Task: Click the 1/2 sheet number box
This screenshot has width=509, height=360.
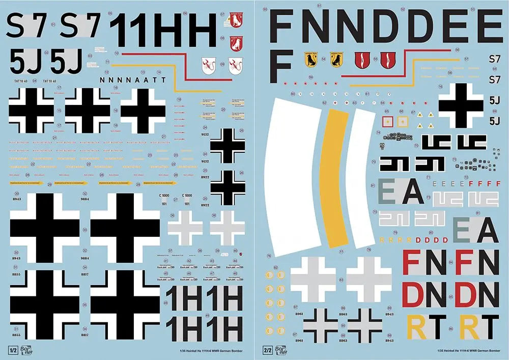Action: (12, 350)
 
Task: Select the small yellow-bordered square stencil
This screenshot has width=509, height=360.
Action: (402, 121)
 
